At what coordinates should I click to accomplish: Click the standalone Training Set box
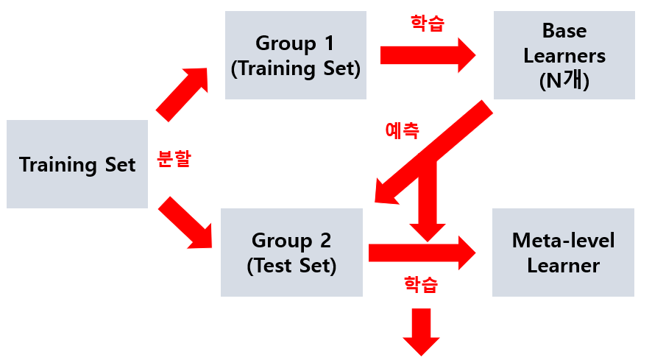pos(77,164)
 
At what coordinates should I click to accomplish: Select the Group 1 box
pos(294,56)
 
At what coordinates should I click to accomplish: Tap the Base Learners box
pos(564,56)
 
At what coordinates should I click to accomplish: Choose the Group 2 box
pos(291,253)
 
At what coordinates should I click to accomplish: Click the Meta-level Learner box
pos(563,253)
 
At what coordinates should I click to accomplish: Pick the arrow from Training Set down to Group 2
pos(184,222)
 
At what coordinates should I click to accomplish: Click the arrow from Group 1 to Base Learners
pos(428,55)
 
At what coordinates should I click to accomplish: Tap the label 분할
pos(174,159)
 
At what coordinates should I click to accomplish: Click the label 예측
pos(402,130)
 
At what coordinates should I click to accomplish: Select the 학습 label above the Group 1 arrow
pos(427,22)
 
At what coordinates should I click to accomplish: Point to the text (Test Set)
pos(291,266)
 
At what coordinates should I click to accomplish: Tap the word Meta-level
pos(563,240)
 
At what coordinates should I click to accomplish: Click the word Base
pos(564,31)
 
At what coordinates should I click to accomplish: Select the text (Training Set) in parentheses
pos(295,68)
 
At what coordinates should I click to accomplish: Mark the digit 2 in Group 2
pos(325,240)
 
